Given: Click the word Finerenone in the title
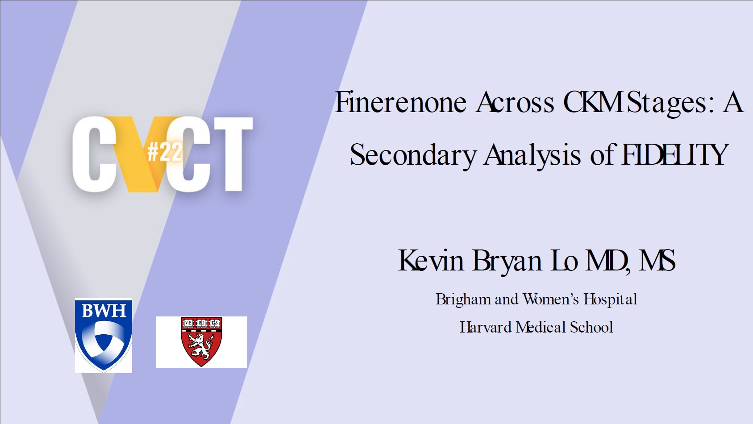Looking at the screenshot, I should point(400,102).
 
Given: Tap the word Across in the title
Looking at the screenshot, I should point(515,102).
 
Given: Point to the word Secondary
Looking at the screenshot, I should point(413,155).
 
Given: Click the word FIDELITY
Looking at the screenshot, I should point(675,154).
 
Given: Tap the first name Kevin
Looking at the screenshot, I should point(431,260).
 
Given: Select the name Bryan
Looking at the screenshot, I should point(507,261).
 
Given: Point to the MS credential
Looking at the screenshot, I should point(657,260).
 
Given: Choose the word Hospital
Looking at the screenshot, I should point(610,299).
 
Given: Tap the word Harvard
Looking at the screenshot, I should point(486,327).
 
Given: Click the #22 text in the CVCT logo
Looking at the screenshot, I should point(165,152).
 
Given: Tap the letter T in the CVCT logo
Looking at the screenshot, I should point(233,154).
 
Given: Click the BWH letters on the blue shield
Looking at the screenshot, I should point(104,310).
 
